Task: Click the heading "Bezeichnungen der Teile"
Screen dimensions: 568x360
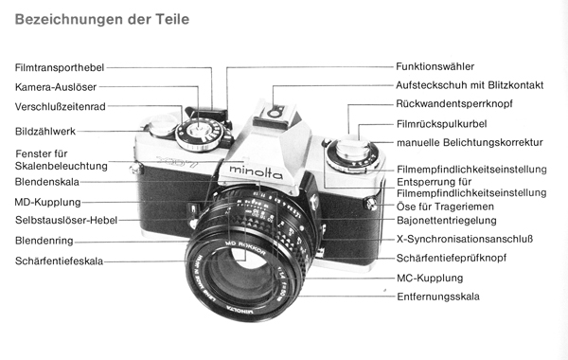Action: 102,19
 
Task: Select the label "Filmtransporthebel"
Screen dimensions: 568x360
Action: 60,68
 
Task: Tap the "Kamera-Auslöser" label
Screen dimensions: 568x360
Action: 56,87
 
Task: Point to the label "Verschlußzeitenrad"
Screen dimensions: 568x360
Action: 61,107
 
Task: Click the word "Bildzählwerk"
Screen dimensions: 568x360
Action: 45,132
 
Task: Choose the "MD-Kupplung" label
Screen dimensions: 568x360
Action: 48,203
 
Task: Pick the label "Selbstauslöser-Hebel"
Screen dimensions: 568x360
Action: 66,221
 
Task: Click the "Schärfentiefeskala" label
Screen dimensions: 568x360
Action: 59,261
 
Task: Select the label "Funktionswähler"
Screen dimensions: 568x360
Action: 435,66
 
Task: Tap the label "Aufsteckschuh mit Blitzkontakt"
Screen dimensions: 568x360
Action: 470,85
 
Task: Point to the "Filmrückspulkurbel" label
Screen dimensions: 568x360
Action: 441,124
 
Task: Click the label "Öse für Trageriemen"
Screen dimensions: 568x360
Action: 445,207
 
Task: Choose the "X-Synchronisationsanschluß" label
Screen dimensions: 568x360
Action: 465,240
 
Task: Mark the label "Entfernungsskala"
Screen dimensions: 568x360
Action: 438,297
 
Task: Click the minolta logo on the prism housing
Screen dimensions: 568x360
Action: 257,172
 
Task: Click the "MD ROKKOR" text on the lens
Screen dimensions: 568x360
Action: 245,247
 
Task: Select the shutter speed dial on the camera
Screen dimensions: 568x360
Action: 200,135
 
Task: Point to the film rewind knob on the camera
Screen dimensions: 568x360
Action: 352,153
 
